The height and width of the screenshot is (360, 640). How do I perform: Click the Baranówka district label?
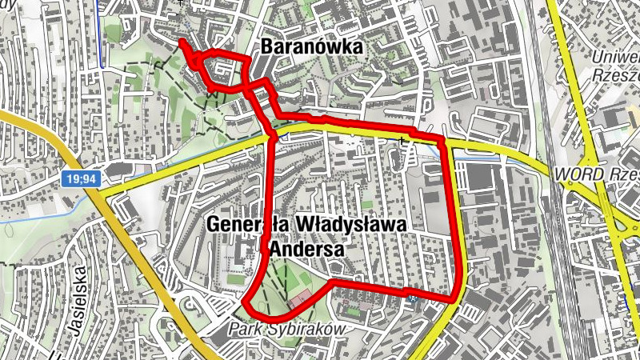click(x=311, y=48)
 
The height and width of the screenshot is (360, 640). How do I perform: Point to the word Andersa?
click(x=307, y=250)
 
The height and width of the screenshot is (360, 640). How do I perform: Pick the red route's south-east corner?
click(x=457, y=298)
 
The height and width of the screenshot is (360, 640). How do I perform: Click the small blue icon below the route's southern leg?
click(x=413, y=299)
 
